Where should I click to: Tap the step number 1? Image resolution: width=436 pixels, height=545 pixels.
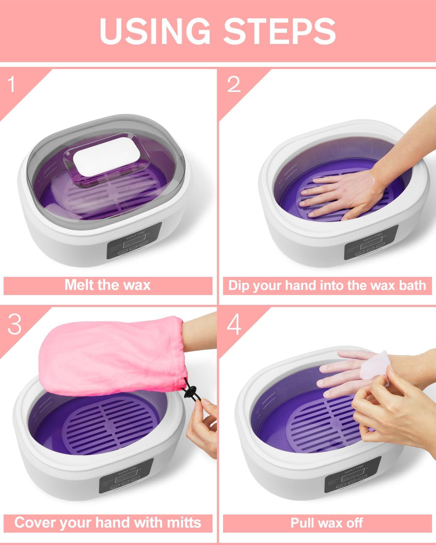[x=12, y=84]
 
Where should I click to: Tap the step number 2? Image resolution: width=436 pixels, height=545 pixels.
[x=234, y=84]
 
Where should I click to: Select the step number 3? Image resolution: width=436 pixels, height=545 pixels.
[x=15, y=324]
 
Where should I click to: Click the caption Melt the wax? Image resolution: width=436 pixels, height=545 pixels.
[x=108, y=284]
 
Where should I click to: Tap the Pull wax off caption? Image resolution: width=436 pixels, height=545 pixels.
[x=327, y=523]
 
